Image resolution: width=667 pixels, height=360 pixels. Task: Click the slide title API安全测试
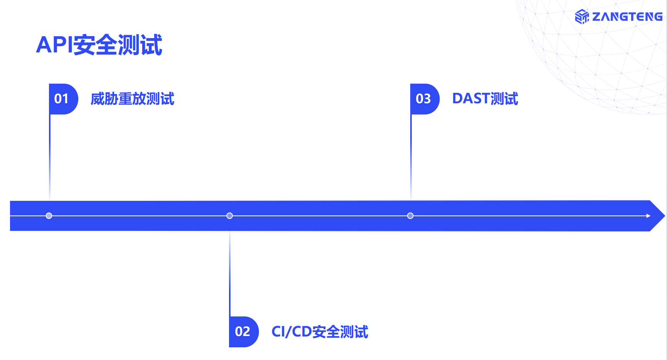[x=99, y=45]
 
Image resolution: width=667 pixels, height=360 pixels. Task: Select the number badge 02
[x=243, y=331]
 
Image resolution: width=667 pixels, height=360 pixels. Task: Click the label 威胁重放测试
[x=132, y=99]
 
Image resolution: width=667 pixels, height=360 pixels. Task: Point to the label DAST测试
[x=485, y=99]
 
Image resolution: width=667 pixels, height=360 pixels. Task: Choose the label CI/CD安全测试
[x=320, y=331]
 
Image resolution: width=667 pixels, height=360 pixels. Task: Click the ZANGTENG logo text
[x=627, y=17]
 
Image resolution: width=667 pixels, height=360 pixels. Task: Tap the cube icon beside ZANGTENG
[x=582, y=17]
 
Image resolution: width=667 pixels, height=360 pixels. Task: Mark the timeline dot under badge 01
[x=49, y=215]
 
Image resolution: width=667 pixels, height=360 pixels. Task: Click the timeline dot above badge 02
[x=230, y=215]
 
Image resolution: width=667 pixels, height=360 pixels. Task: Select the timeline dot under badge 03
[x=410, y=215]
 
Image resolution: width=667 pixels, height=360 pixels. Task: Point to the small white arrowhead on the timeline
[x=648, y=216]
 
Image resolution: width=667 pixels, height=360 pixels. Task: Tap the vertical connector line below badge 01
[x=50, y=154]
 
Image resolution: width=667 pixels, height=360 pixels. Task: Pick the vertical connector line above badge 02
[x=230, y=274]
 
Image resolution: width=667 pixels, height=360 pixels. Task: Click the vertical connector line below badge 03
[x=411, y=154]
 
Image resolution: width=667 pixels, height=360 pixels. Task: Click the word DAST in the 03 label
[x=471, y=99]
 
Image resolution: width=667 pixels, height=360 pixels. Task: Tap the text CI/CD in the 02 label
[x=291, y=331]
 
